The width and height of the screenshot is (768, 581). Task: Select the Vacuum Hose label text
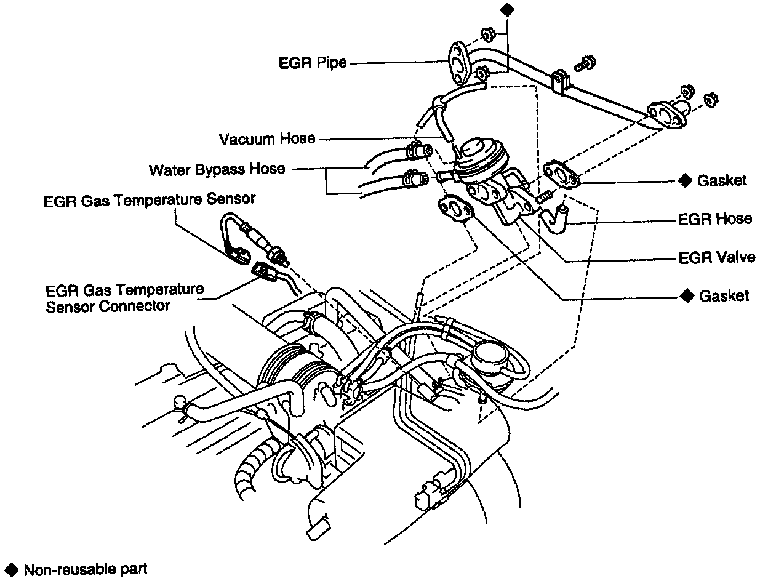266,138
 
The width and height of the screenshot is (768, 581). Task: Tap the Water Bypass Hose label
217,169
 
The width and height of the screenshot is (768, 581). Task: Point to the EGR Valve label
716,257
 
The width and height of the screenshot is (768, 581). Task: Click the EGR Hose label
715,219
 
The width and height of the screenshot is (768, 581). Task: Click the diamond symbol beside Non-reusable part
12,569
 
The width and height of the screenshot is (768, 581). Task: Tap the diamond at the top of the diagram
506,9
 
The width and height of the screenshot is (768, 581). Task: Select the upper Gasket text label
721,180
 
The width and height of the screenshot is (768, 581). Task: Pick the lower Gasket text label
724,296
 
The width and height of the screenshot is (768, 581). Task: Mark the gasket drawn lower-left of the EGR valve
456,210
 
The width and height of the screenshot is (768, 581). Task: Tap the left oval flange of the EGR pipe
458,63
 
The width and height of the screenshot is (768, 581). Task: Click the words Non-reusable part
86,569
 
